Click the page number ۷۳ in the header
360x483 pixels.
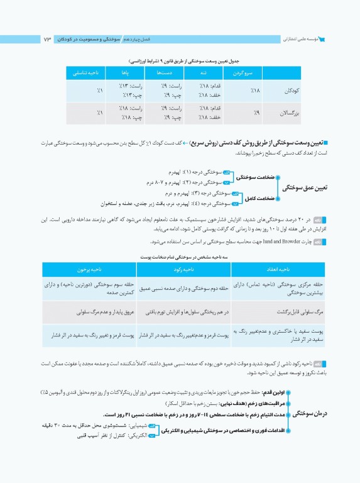pos(48,40)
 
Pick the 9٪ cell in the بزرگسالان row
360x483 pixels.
pos(238,113)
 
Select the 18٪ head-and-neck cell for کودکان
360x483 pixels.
pos(238,91)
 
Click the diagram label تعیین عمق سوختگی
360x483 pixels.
pos(305,187)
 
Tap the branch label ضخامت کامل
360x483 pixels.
pos(257,198)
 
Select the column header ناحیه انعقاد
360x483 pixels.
pos(275,269)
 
